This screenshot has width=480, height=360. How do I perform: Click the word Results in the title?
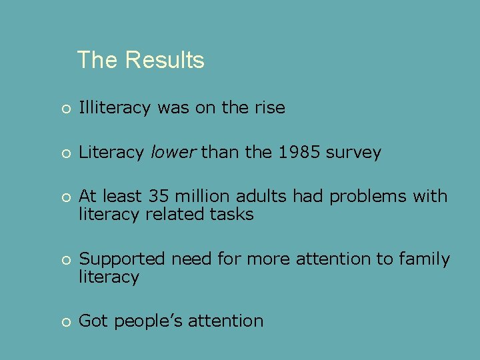coord(164,60)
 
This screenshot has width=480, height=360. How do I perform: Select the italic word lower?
coord(173,153)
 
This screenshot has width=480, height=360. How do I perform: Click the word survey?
coord(354,153)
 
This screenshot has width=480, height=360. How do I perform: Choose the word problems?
coord(368,197)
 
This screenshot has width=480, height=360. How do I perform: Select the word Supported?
coord(123,259)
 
